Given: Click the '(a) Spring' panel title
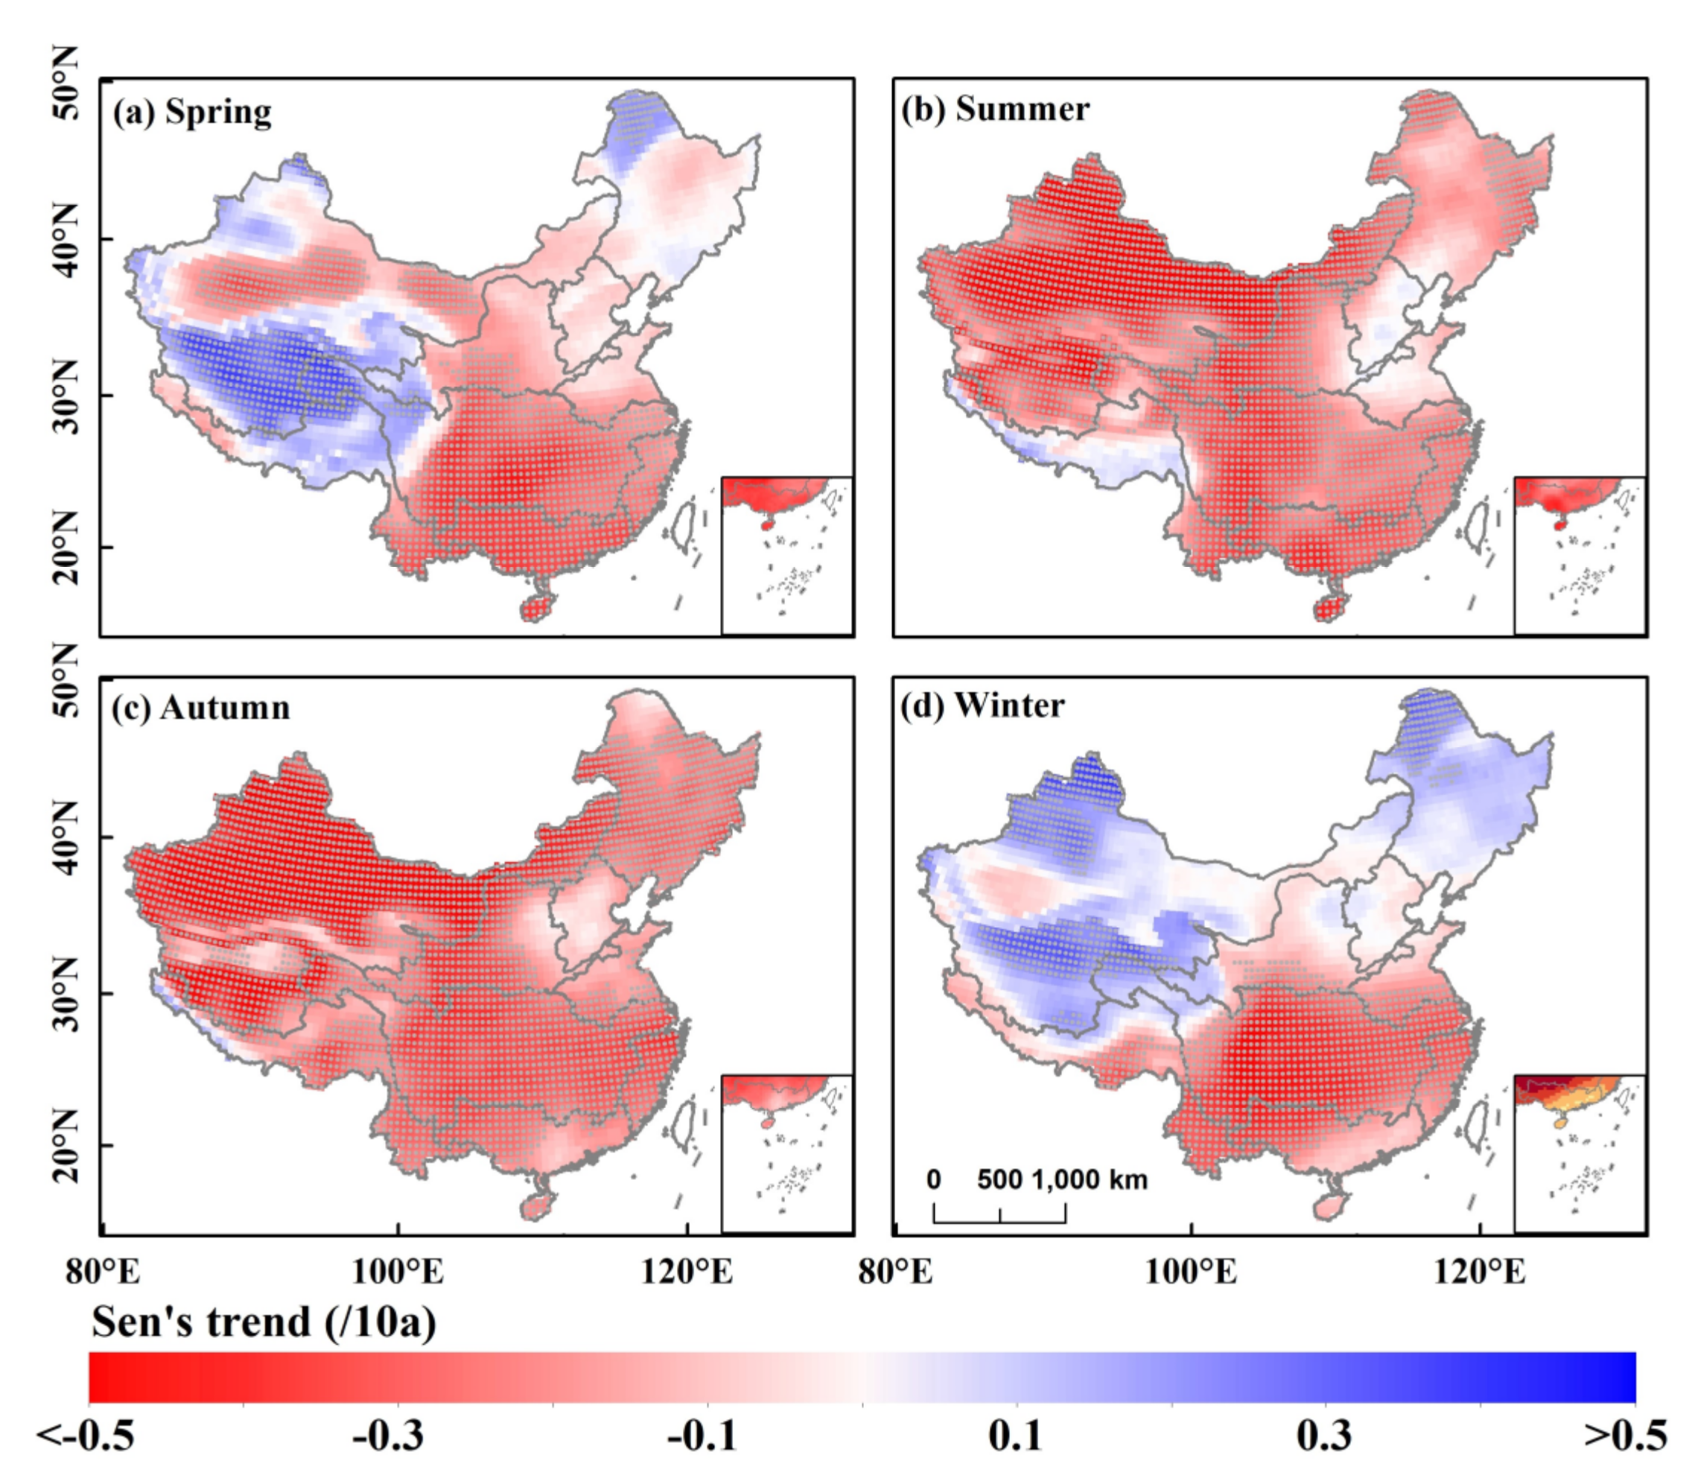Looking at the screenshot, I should [x=192, y=112].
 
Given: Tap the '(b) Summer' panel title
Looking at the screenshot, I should [x=995, y=110].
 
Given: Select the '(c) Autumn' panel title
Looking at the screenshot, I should [x=201, y=708].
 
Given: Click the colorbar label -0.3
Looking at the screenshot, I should [x=387, y=1435].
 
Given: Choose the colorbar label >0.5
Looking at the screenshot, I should [x=1625, y=1435].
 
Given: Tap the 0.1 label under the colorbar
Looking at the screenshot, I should [x=1015, y=1435].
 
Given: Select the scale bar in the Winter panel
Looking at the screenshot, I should [x=999, y=1214].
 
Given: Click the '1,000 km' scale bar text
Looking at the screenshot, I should [x=1090, y=1179].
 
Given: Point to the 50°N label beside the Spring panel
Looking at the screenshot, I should [x=66, y=83].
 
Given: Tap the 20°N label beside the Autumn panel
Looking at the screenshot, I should [x=66, y=1145].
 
